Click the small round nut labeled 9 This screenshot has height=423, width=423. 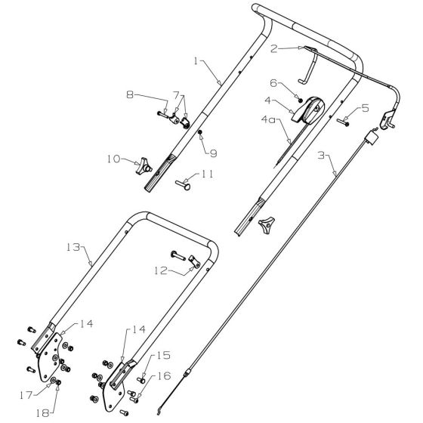tap(202, 133)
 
